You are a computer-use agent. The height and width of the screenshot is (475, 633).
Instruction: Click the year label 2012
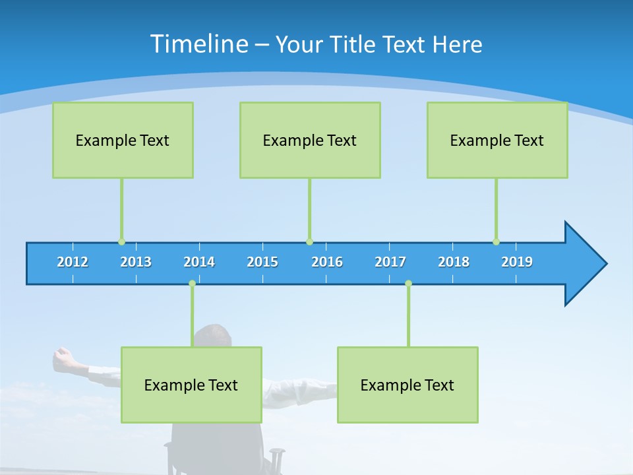pyautogui.click(x=73, y=262)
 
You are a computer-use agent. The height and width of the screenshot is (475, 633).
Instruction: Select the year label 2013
pyautogui.click(x=136, y=262)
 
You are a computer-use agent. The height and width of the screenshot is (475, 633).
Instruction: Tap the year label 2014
pyautogui.click(x=199, y=262)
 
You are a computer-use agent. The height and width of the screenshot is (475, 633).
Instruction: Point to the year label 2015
pyautogui.click(x=262, y=262)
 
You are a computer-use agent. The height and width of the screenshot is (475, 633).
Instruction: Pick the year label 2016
pyautogui.click(x=327, y=262)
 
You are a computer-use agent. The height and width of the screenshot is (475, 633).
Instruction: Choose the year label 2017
pyautogui.click(x=390, y=262)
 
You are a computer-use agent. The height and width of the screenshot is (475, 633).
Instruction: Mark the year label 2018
pyautogui.click(x=454, y=262)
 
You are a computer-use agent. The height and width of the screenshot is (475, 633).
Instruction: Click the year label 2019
pyautogui.click(x=517, y=262)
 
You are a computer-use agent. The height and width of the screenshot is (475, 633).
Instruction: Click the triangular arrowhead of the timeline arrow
pyautogui.click(x=584, y=264)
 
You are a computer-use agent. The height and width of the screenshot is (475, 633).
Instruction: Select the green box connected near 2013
pyautogui.click(x=123, y=140)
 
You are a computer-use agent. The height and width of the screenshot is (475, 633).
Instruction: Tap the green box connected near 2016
pyautogui.click(x=310, y=140)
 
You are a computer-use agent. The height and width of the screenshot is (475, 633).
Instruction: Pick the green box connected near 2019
pyautogui.click(x=497, y=140)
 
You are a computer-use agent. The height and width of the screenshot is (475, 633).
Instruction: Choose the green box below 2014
pyautogui.click(x=191, y=385)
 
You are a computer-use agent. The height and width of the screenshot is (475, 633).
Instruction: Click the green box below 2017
pyautogui.click(x=407, y=385)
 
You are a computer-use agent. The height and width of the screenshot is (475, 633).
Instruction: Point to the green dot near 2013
pyautogui.click(x=121, y=242)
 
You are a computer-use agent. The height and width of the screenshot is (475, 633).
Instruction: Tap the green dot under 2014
pyautogui.click(x=192, y=284)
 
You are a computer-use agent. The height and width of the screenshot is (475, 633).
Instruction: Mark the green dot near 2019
pyautogui.click(x=496, y=242)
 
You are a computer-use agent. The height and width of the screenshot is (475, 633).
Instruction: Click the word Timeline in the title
pyautogui.click(x=198, y=44)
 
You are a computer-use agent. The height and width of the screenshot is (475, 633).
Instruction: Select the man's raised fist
pyautogui.click(x=63, y=357)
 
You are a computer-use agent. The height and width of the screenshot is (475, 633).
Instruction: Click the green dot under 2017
pyautogui.click(x=408, y=284)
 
